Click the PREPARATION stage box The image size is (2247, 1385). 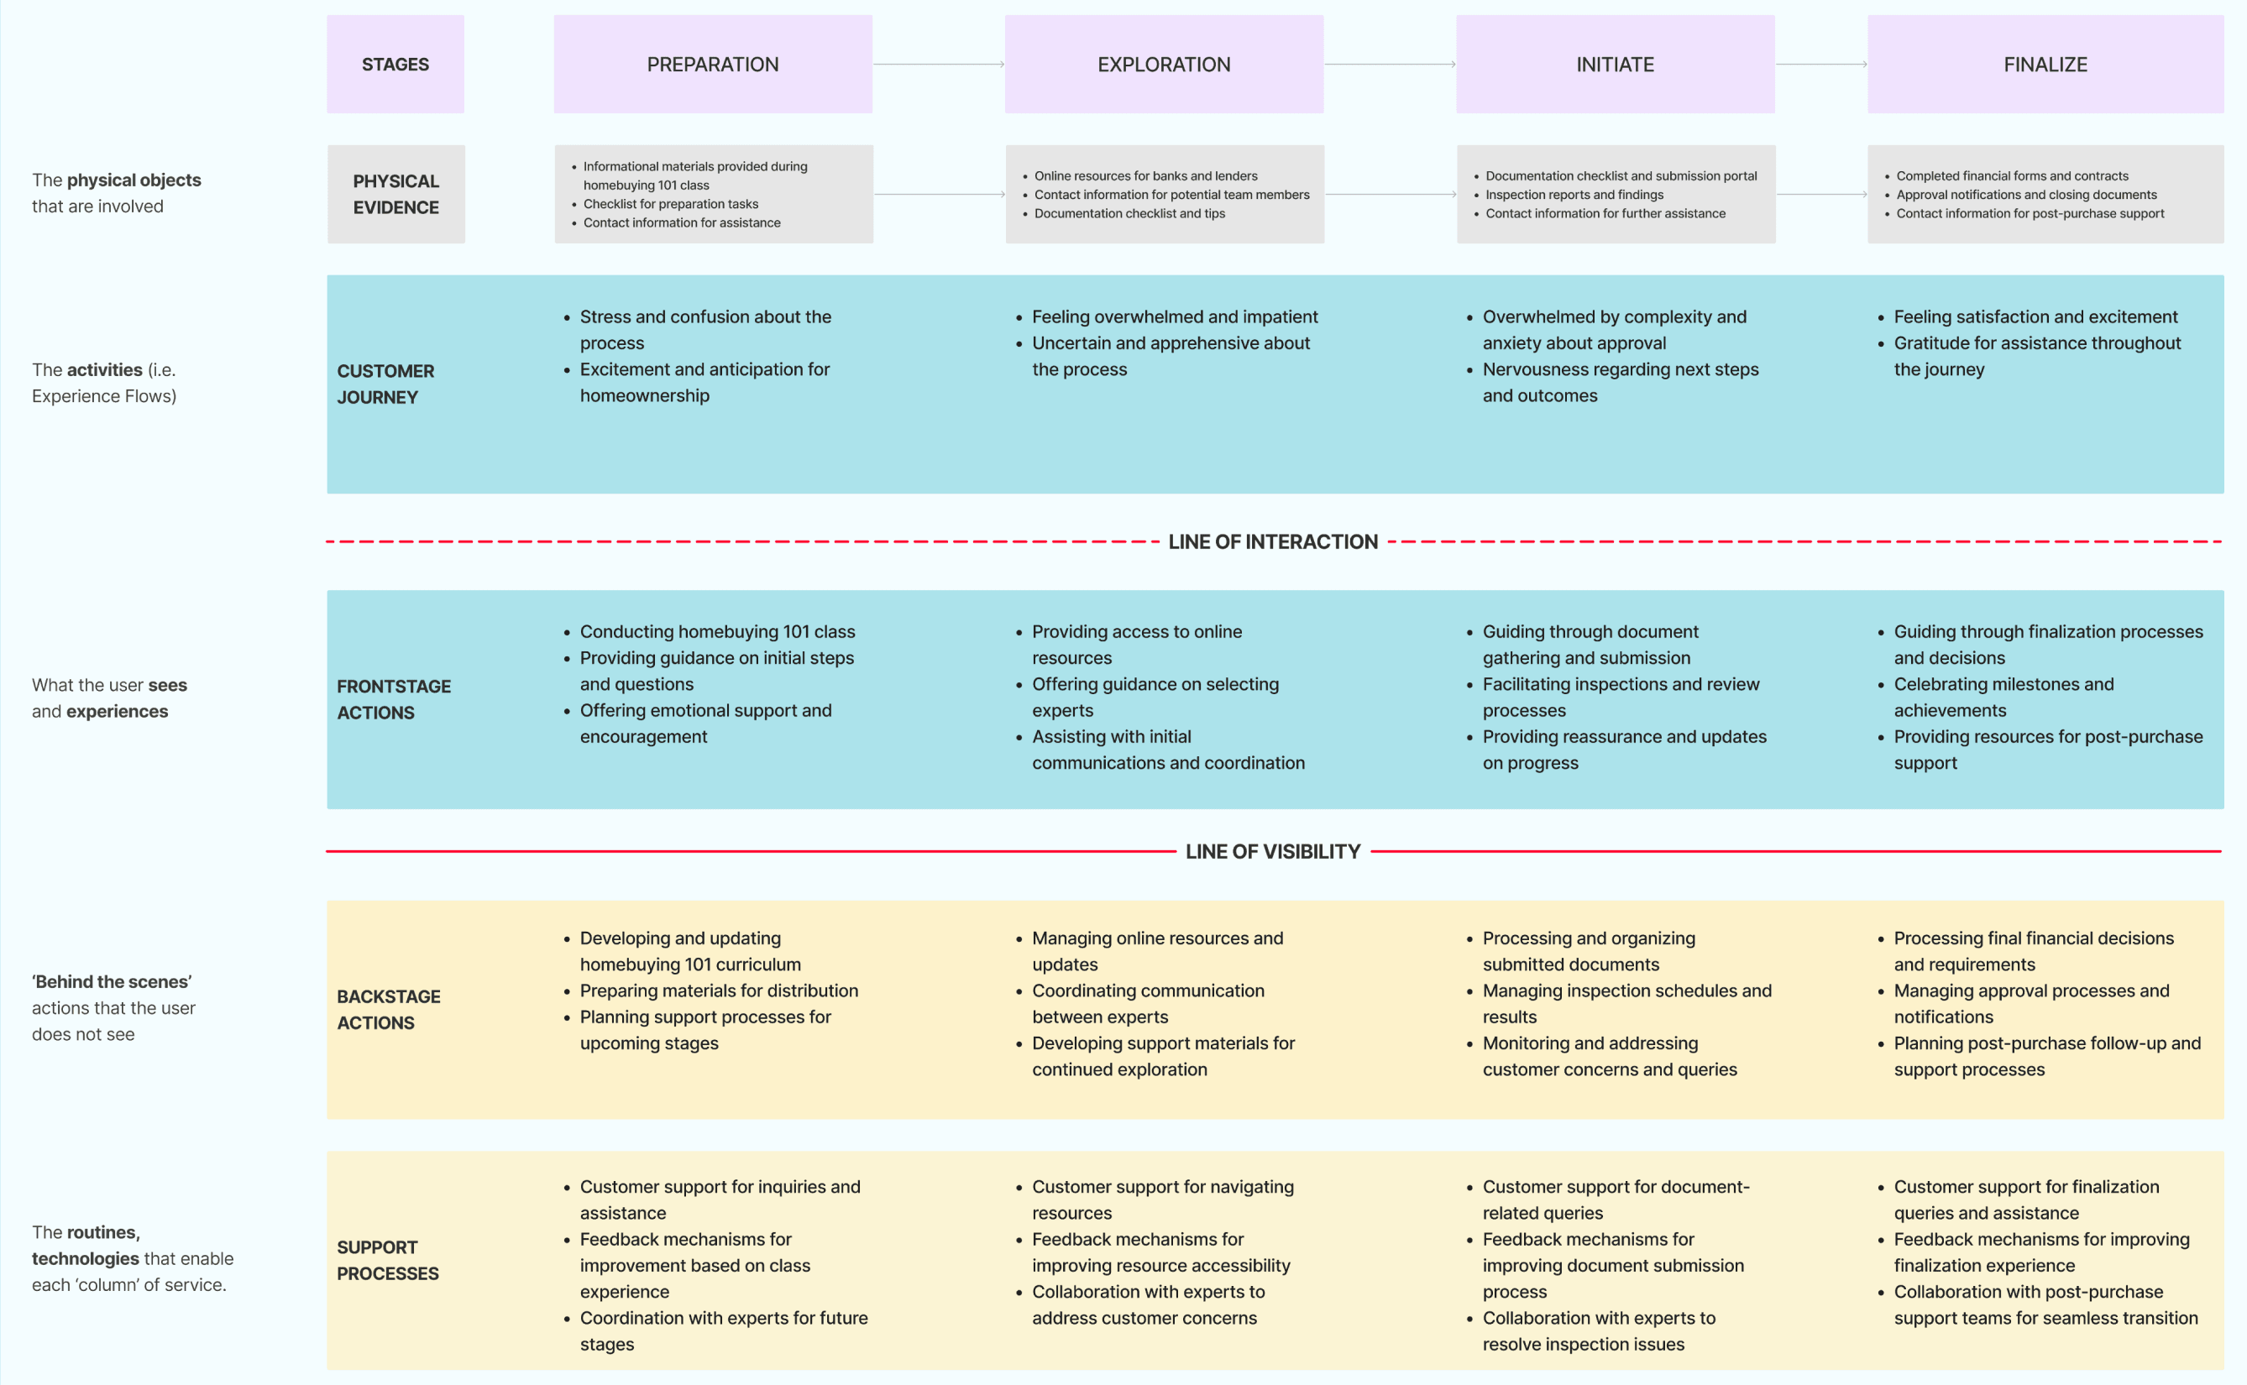pyautogui.click(x=713, y=64)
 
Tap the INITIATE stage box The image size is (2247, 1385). pyautogui.click(x=1615, y=64)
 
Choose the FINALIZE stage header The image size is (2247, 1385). pyautogui.click(x=2045, y=64)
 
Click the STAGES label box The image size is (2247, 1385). pyautogui.click(x=395, y=64)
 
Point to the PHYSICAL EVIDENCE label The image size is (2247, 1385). pyautogui.click(x=395, y=194)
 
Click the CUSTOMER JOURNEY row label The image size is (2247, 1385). pyautogui.click(x=385, y=384)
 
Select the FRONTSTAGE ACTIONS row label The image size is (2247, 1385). pyautogui.click(x=393, y=699)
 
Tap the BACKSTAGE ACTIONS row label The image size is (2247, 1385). pyautogui.click(x=389, y=1010)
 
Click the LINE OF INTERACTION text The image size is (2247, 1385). pyautogui.click(x=1272, y=542)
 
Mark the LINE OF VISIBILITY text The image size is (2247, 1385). pyautogui.click(x=1272, y=852)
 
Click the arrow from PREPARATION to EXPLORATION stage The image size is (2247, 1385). pyautogui.click(x=939, y=64)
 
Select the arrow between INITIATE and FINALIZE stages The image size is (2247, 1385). pyautogui.click(x=1821, y=64)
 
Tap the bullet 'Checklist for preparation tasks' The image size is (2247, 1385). pyautogui.click(x=671, y=204)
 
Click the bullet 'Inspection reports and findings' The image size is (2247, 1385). pyautogui.click(x=1574, y=195)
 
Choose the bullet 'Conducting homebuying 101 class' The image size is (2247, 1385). pyautogui.click(x=717, y=632)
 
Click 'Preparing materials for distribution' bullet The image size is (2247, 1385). pyautogui.click(x=719, y=991)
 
